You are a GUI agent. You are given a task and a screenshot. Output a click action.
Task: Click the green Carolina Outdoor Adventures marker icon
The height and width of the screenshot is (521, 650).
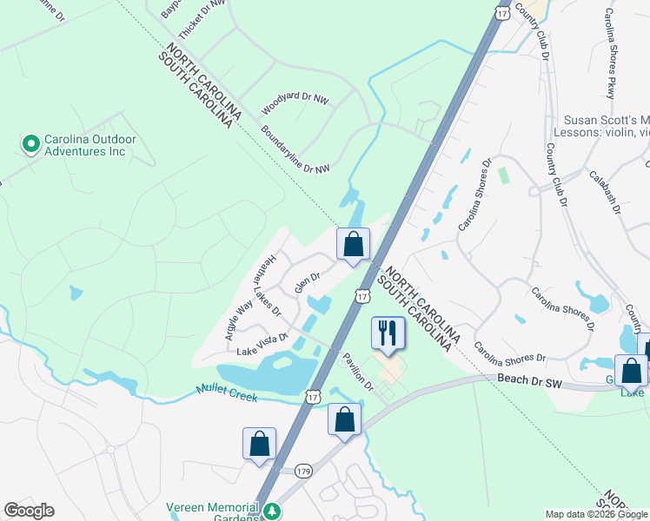[x=31, y=142]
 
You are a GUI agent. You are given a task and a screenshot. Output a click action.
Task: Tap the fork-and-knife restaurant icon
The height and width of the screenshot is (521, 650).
[x=388, y=333]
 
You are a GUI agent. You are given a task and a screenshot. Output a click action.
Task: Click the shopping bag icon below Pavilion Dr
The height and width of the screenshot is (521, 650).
[x=344, y=421]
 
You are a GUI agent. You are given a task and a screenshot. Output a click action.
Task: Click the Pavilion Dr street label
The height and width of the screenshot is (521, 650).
[x=357, y=372]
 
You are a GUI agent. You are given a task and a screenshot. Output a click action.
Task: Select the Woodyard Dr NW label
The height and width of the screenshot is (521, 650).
[x=295, y=106]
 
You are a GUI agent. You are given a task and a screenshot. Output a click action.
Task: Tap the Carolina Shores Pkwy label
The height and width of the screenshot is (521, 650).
[x=612, y=52]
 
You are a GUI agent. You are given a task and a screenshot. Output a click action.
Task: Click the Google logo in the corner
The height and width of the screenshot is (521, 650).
[x=29, y=511]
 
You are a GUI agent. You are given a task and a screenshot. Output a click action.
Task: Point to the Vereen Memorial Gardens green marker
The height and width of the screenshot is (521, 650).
[x=273, y=511]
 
